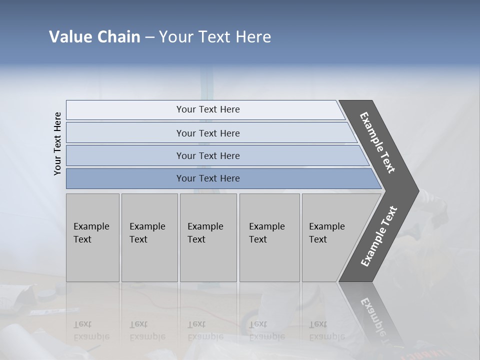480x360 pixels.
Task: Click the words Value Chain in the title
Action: click(94, 37)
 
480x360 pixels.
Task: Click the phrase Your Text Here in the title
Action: click(215, 37)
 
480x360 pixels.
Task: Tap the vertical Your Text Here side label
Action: click(57, 144)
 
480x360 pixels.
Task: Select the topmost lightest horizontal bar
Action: click(125, 110)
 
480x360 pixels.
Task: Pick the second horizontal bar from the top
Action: click(125, 133)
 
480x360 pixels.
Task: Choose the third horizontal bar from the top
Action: click(125, 155)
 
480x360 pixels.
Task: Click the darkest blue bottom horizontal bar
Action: click(125, 178)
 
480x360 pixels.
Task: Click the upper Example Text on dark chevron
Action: click(377, 142)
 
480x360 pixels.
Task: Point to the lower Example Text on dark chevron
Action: click(379, 236)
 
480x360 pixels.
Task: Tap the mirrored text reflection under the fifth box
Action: click(326, 330)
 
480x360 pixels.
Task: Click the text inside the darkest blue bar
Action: click(208, 178)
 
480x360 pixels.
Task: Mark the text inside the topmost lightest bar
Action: click(208, 109)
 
